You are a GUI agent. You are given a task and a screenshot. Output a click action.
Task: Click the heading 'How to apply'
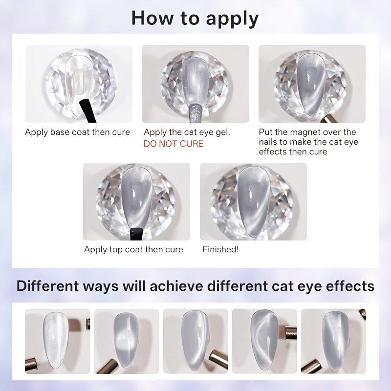[195, 19]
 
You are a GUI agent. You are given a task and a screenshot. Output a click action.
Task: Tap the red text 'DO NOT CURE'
[174, 144]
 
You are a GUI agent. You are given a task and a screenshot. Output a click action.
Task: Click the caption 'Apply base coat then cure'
[77, 132]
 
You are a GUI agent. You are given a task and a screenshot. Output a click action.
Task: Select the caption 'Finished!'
[220, 249]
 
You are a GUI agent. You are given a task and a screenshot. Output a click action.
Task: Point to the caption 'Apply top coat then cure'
[133, 249]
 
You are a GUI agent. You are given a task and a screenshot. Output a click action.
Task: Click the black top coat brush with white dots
[136, 234]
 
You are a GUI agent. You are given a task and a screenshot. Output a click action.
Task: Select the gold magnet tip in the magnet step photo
[327, 119]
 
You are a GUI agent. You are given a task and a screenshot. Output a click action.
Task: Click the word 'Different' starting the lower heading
[47, 286]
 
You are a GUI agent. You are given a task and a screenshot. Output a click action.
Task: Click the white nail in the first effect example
[56, 340]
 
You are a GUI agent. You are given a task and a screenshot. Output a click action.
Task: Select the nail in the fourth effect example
[264, 340]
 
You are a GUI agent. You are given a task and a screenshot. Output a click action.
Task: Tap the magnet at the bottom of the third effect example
[218, 359]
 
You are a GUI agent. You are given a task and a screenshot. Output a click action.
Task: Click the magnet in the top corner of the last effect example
[362, 315]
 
